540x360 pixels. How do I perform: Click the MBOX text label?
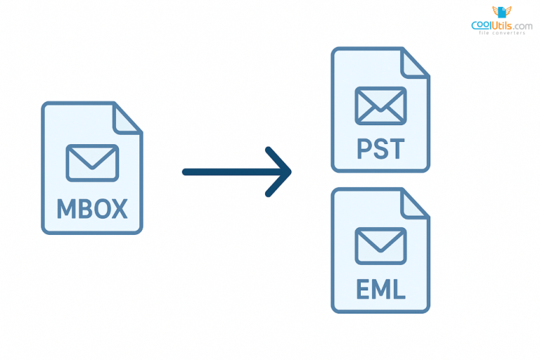click(x=92, y=209)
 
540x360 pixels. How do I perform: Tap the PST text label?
click(x=380, y=149)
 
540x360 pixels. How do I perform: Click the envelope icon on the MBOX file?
click(x=92, y=162)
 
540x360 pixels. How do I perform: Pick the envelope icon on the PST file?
click(x=380, y=105)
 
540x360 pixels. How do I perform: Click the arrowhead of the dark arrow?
click(x=283, y=172)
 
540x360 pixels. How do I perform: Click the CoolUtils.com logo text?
click(x=501, y=25)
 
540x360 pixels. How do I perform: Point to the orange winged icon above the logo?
click(x=501, y=11)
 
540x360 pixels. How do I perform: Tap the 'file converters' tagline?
click(x=501, y=33)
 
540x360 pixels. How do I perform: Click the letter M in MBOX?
click(x=65, y=209)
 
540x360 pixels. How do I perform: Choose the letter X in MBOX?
click(x=119, y=209)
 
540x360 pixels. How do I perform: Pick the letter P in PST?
click(x=362, y=149)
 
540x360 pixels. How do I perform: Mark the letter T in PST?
click(x=397, y=149)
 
